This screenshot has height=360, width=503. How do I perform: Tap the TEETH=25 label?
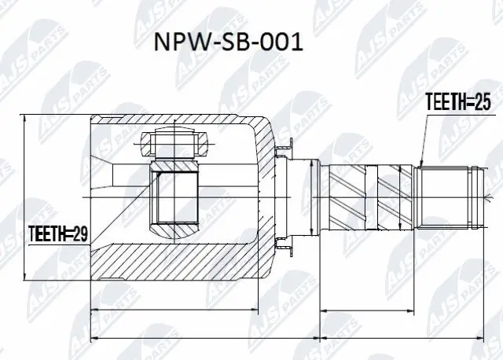(x=457, y=102)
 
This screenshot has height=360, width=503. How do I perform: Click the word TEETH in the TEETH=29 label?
(x=46, y=233)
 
